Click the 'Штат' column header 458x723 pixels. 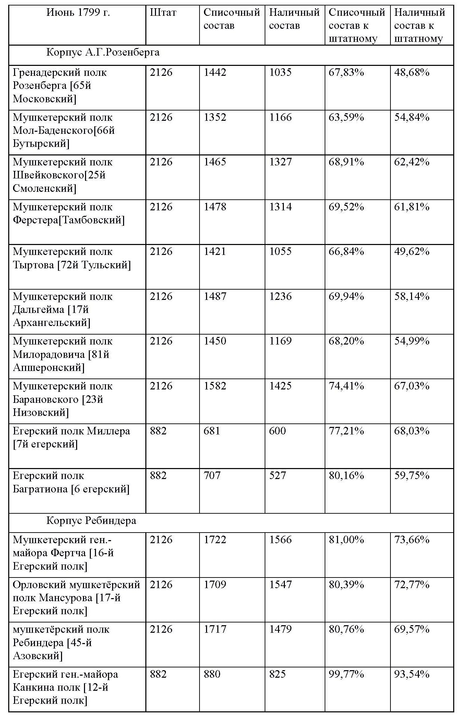click(x=163, y=13)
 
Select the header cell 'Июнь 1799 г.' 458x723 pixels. click(x=78, y=13)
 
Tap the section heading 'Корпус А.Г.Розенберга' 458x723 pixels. click(x=103, y=53)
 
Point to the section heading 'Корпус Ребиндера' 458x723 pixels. click(x=91, y=521)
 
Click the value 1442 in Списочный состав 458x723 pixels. click(x=215, y=72)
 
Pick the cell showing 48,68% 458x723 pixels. click(x=412, y=72)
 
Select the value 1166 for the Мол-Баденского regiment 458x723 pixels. click(x=280, y=117)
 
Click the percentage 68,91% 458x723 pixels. click(x=346, y=162)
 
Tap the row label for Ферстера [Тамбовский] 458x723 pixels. click(x=69, y=213)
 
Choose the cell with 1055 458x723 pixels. click(x=280, y=252)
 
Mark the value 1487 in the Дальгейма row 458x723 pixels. click(x=215, y=296)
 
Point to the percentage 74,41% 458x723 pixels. click(x=346, y=386)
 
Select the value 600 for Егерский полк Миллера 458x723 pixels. click(x=277, y=431)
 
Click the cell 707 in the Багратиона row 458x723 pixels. click(x=212, y=476)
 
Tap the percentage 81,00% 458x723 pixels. click(x=346, y=540)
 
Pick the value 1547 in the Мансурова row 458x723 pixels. click(x=280, y=585)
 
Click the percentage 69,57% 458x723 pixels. click(x=412, y=629)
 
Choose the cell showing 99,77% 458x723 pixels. click(x=346, y=674)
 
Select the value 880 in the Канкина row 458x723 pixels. click(x=212, y=674)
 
